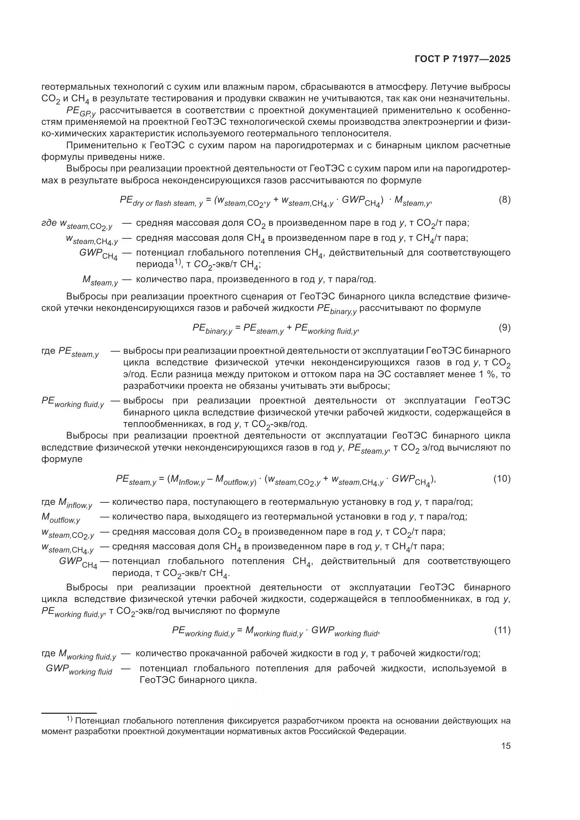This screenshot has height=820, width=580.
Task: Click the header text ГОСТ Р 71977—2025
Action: (463, 59)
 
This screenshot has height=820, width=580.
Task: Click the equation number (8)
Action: (504, 199)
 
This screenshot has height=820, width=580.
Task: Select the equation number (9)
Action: (504, 327)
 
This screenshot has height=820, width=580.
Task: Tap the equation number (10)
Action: (502, 479)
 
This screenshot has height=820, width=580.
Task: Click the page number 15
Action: (506, 746)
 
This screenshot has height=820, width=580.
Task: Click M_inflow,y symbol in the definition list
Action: (75, 503)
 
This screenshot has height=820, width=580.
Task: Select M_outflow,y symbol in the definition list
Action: (61, 517)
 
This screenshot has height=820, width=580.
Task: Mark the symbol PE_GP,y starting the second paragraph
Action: (81, 112)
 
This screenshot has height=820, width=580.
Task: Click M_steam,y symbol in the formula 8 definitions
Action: (100, 280)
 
